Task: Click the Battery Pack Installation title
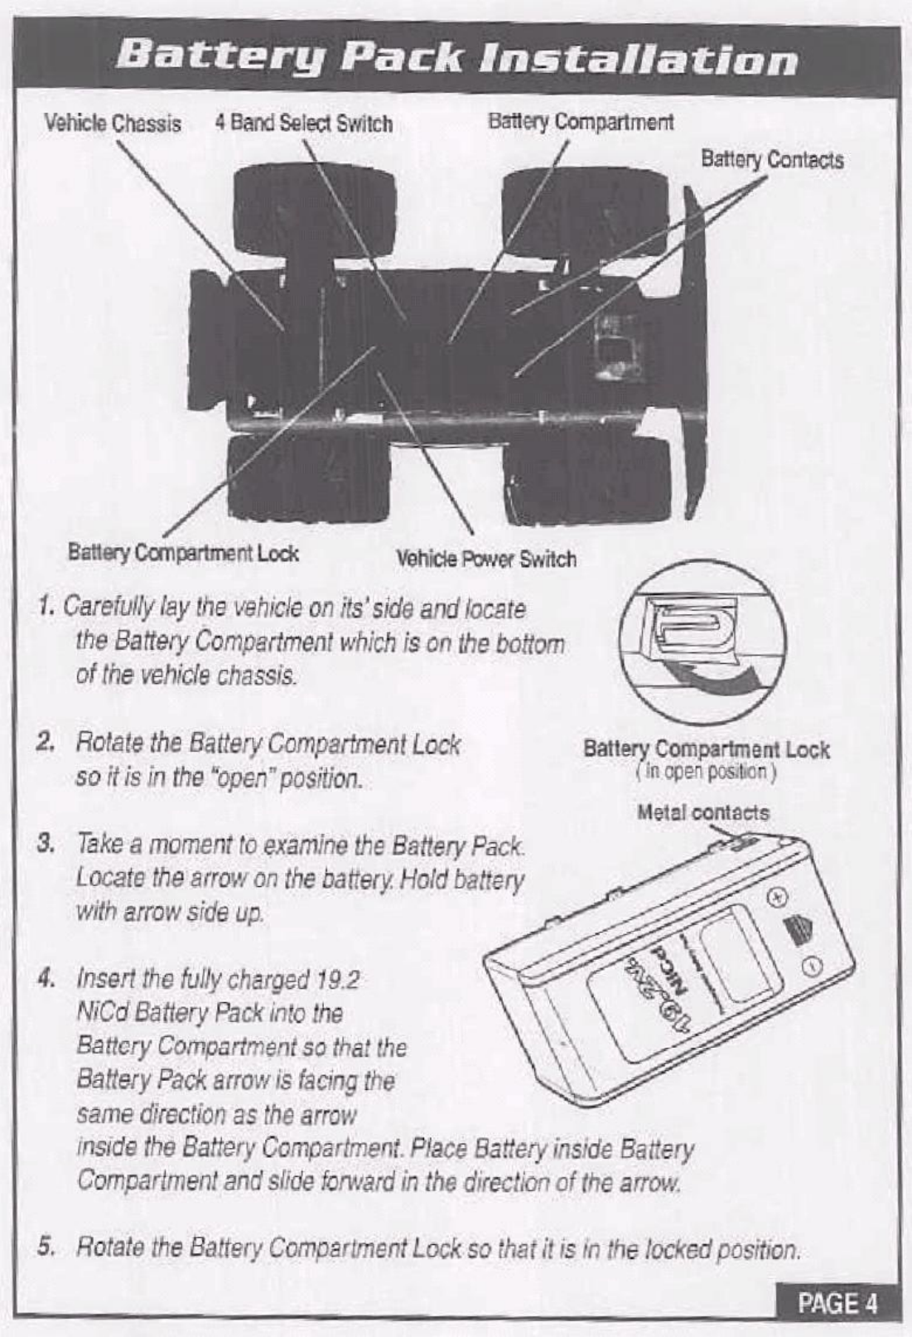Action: coord(457,60)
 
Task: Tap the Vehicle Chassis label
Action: coord(113,124)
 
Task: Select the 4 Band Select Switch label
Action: coord(303,124)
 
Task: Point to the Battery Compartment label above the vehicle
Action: coord(581,122)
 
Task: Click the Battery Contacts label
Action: coord(772,159)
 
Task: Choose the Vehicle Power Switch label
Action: coord(486,559)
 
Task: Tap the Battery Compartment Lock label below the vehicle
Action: coord(183,552)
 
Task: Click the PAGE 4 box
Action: coord(837,1303)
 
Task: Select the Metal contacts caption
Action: coord(702,813)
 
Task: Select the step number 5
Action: coord(47,1247)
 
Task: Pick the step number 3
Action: coord(46,846)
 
